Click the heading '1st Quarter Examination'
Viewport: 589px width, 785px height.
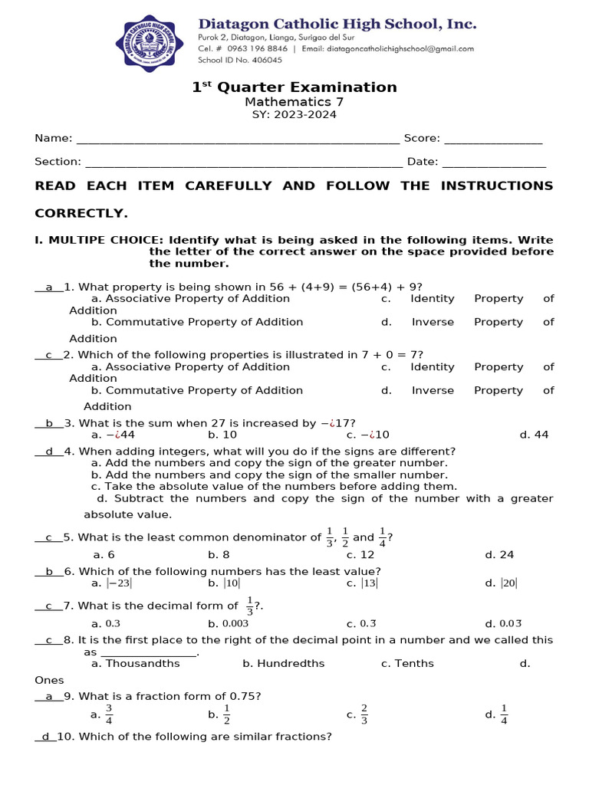point(294,87)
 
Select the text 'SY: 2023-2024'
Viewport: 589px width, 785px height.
point(294,115)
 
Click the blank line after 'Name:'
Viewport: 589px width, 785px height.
point(238,139)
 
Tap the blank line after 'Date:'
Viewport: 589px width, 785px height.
point(494,162)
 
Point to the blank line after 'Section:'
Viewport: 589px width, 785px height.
point(243,162)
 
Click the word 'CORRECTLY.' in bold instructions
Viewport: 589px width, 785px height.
point(81,213)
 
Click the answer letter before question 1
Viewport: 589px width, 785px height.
point(49,287)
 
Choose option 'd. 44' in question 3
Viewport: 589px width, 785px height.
point(534,435)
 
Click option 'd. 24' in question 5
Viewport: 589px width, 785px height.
point(499,555)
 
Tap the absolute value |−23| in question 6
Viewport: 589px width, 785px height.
point(120,583)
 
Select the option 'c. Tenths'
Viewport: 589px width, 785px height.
point(407,664)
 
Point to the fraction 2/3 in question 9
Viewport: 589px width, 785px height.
point(364,714)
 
